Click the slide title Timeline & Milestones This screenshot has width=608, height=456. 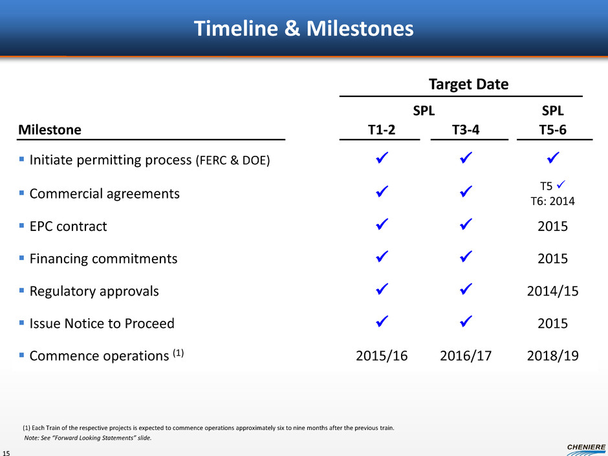303,28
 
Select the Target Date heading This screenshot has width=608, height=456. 468,84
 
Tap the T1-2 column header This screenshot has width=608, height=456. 382,129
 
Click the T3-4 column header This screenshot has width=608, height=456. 466,129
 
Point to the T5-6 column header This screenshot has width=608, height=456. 552,129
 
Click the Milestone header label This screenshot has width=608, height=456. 50,129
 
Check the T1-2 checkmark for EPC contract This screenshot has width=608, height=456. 382,224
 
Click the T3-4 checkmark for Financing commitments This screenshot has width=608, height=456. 466,256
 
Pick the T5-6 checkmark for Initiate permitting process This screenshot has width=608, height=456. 553,157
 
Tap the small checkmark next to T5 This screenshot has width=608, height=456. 561,184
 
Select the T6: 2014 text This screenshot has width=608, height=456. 552,201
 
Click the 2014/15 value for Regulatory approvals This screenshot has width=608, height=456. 552,291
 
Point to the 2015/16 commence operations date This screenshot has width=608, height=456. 382,356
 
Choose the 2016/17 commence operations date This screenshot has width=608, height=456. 466,356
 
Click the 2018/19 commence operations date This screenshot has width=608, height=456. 552,356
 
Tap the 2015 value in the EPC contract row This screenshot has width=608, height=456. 552,226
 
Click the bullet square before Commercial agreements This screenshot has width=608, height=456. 22,192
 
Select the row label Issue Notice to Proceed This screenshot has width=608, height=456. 102,323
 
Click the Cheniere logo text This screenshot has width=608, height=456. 586,447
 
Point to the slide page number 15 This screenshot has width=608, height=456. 6,453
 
